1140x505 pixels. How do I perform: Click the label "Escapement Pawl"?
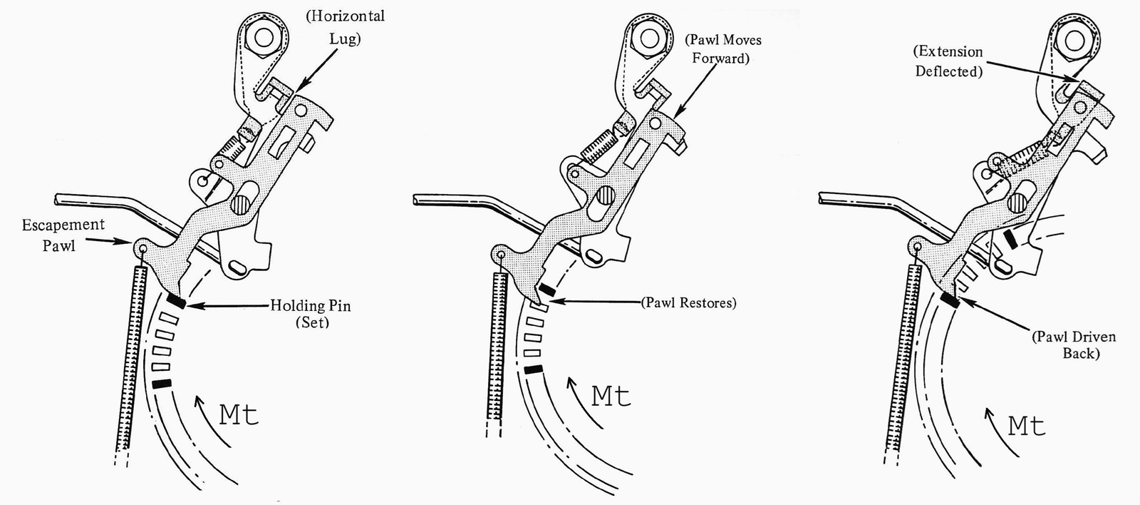coord(63,235)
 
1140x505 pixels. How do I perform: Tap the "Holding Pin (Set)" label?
coord(311,313)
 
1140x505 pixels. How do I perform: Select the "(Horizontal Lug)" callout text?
coord(345,28)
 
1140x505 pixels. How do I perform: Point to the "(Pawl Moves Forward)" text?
coord(722,49)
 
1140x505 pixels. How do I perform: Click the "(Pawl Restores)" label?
coord(688,302)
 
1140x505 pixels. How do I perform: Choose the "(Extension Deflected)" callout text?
coord(948,61)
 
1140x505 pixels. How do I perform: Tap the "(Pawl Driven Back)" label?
coord(1074,345)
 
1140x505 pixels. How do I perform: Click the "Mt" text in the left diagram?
coord(239,415)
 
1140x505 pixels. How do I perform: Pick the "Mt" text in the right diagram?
coord(1027,426)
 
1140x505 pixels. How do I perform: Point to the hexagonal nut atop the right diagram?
coord(1074,40)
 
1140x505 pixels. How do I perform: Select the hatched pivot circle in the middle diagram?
coord(606,195)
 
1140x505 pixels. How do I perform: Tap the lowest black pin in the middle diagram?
coord(534,369)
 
